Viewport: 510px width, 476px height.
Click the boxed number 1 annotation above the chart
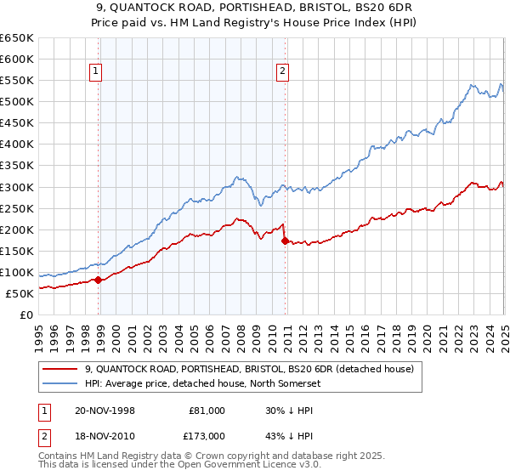tap(98, 72)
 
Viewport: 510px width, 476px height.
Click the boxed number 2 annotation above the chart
tap(282, 72)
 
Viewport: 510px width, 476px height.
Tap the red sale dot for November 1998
tap(99, 280)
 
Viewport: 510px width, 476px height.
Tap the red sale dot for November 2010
tap(285, 241)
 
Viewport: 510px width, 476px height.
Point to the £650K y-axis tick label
tap(16, 38)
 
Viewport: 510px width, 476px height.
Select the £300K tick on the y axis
tap(16, 187)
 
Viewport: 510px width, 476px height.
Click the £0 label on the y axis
tap(25, 314)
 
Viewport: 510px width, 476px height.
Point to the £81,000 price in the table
tap(207, 411)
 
